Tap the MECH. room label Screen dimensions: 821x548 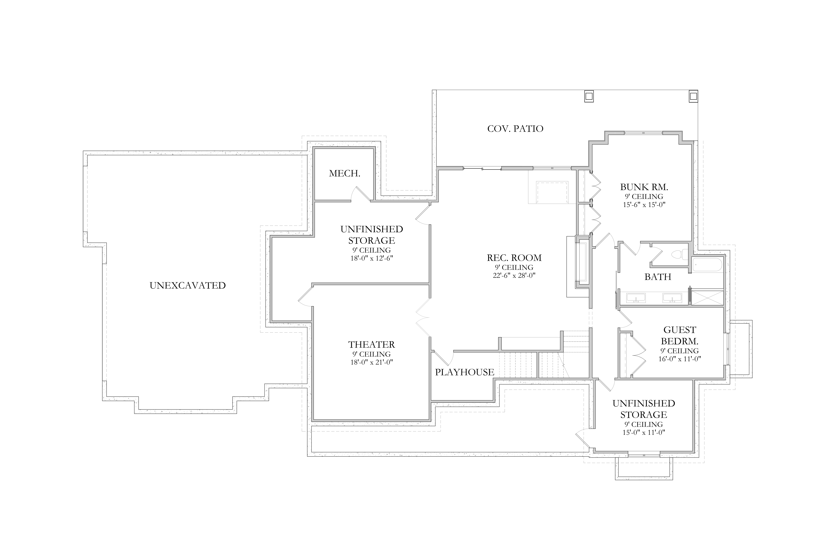[344, 173]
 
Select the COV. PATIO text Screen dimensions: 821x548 [515, 129]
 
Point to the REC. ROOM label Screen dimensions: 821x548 [514, 258]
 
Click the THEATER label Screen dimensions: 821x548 [371, 345]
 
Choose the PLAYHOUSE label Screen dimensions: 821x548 [465, 372]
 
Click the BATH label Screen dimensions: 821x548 [658, 277]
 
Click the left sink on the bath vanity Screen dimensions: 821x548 [636, 298]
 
